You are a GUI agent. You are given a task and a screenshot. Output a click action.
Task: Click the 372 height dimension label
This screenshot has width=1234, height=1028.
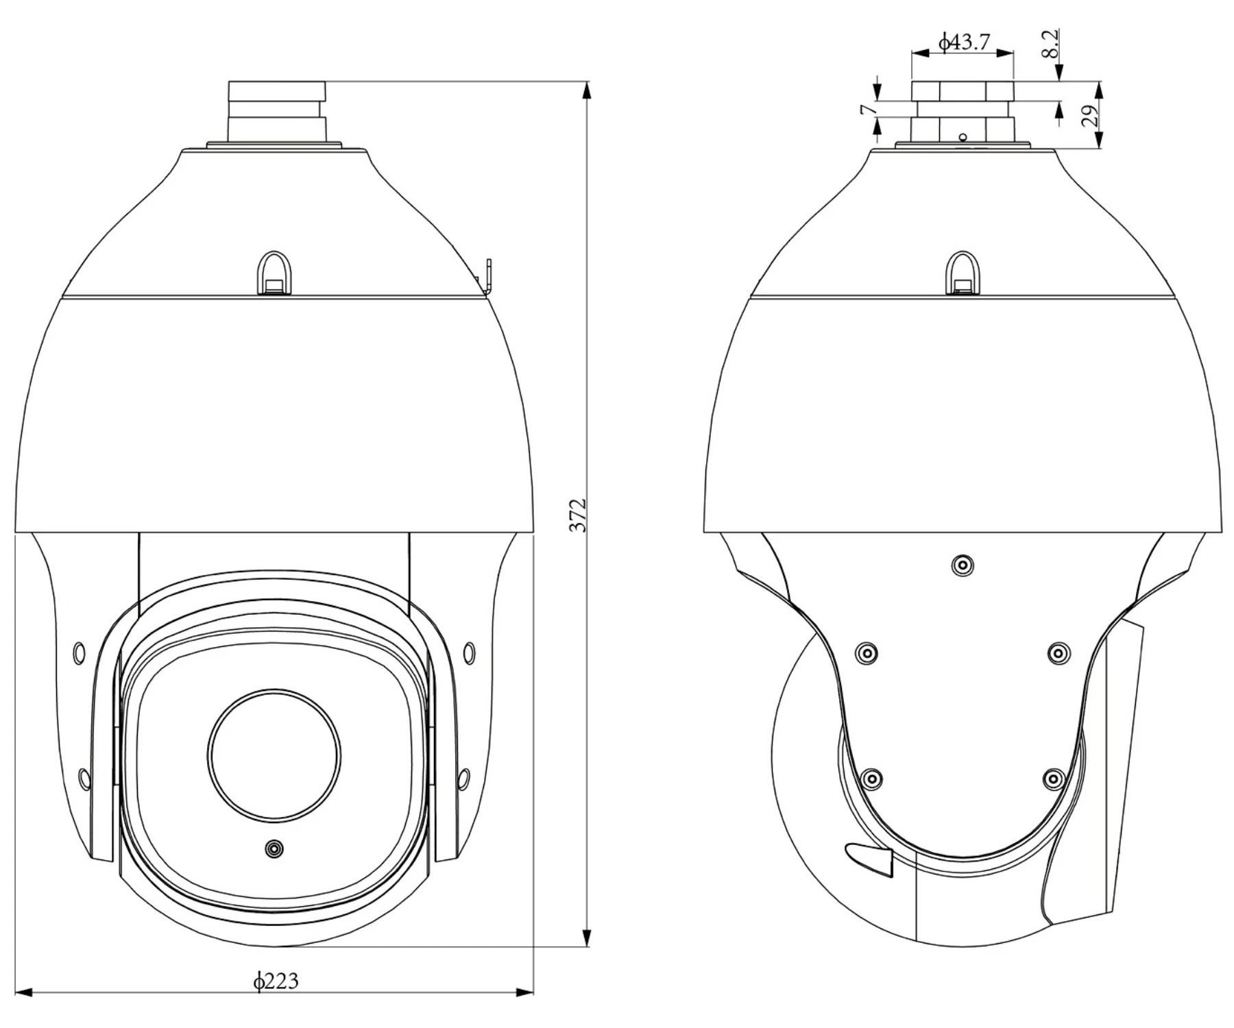580,515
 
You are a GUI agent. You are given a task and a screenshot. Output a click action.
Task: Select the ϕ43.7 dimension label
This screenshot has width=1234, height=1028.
964,42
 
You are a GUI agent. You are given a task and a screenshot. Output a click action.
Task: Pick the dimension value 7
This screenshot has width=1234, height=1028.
867,109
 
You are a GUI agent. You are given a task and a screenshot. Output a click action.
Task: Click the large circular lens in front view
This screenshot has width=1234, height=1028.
274,755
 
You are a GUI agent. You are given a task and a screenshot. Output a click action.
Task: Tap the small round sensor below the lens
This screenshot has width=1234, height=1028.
274,849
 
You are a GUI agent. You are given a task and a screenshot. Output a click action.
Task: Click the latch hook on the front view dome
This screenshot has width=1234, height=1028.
275,273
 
